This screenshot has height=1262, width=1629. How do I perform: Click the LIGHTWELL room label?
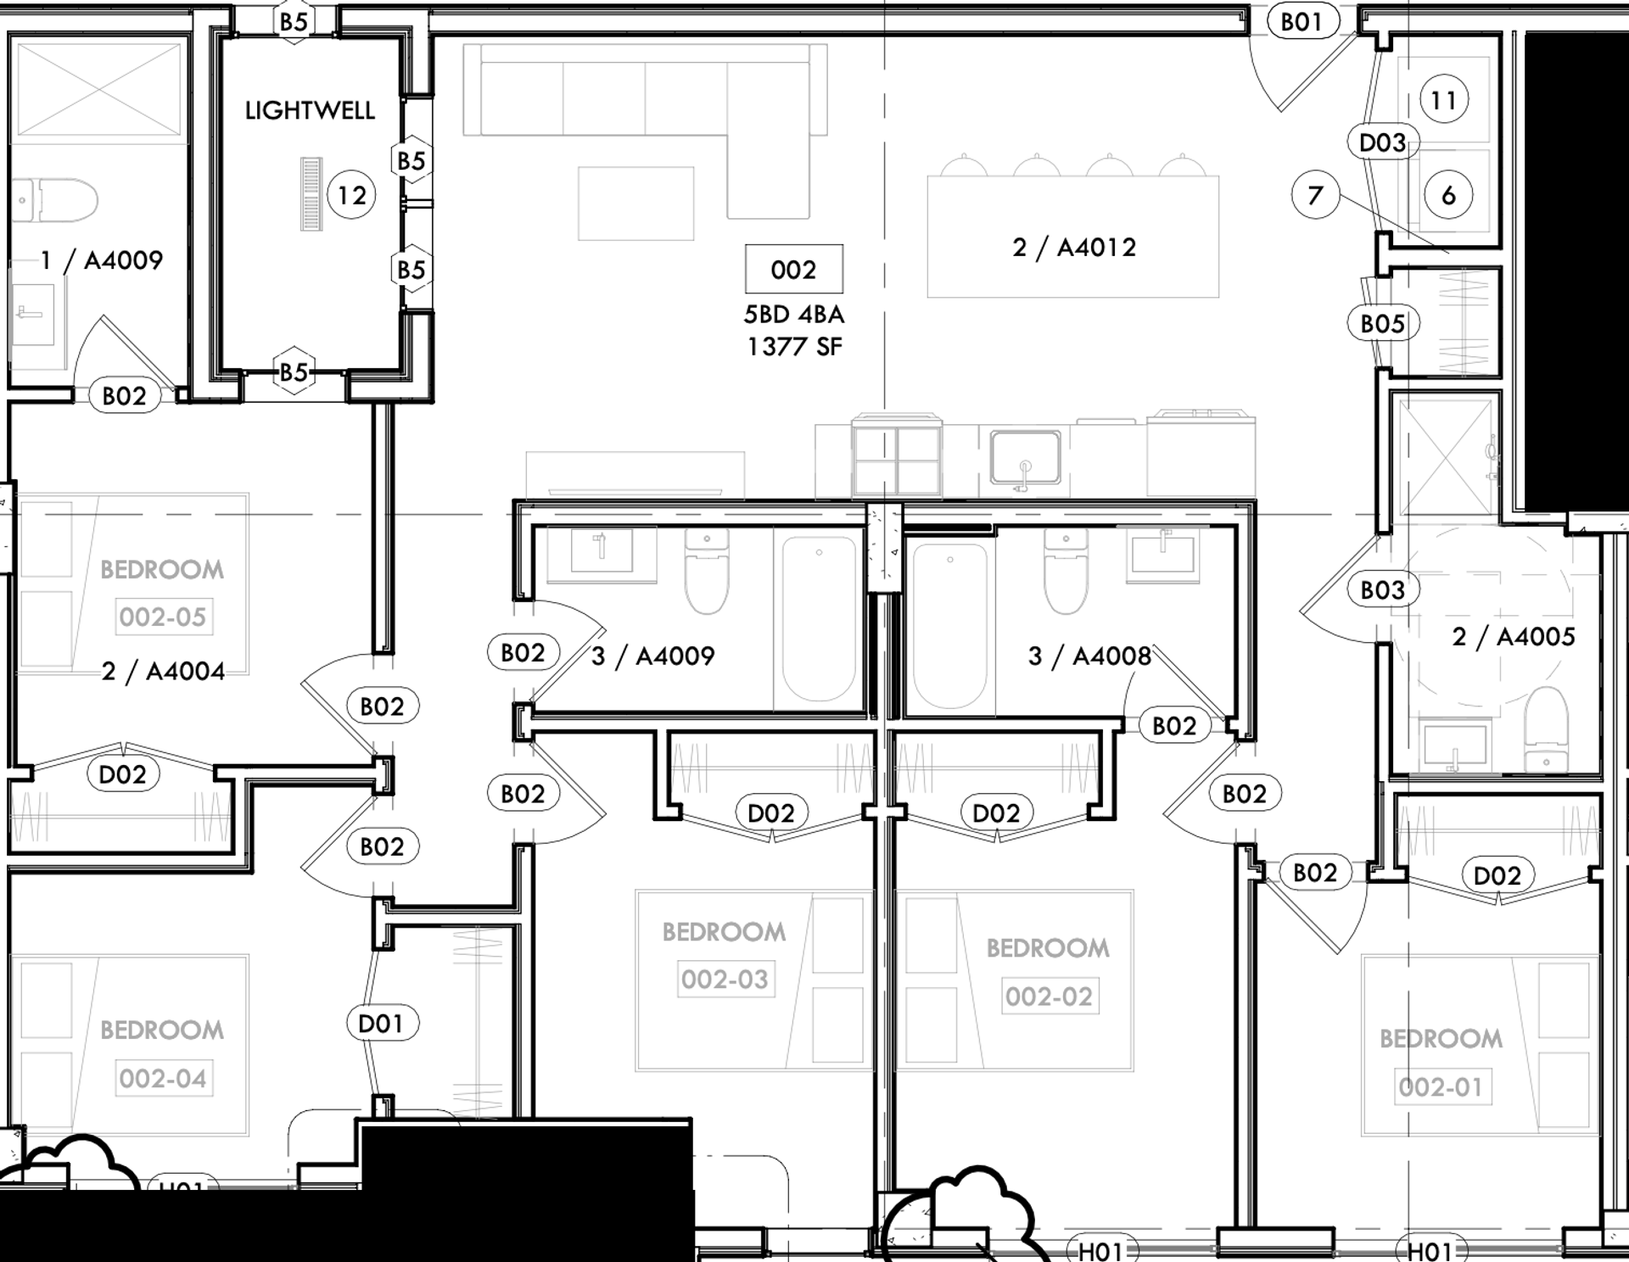click(x=310, y=110)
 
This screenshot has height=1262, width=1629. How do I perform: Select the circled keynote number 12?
click(x=351, y=196)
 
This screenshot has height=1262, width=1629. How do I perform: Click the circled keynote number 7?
click(x=1315, y=196)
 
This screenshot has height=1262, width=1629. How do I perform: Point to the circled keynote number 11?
click(x=1443, y=101)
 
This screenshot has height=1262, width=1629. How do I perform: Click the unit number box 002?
click(x=793, y=270)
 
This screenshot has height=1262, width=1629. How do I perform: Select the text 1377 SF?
click(x=794, y=347)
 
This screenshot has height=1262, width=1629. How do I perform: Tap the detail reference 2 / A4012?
click(x=1073, y=248)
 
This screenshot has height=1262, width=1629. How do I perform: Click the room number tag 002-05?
click(x=163, y=617)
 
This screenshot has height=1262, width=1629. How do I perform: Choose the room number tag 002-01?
click(x=1440, y=1086)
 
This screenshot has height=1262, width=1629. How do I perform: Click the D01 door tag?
click(x=380, y=1024)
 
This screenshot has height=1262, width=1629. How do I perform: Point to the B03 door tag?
click(x=1382, y=589)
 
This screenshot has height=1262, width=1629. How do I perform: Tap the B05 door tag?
click(x=1382, y=323)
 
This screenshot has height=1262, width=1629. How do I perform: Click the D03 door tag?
click(x=1382, y=142)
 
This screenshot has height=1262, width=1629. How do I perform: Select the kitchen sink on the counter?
click(x=1025, y=459)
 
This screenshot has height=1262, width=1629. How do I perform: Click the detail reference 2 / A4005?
click(x=1513, y=637)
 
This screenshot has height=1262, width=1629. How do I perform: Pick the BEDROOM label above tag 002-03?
click(x=724, y=932)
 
